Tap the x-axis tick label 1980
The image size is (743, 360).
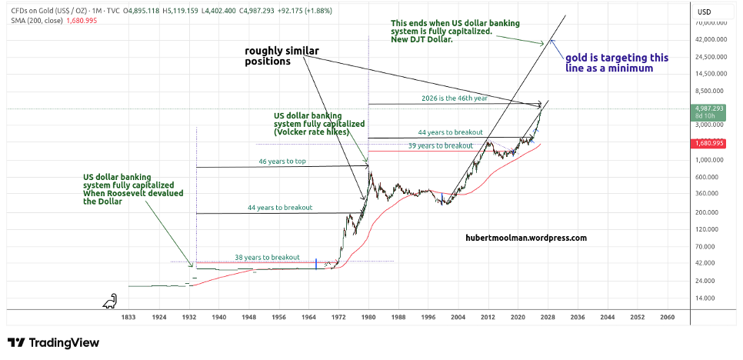click(368, 316)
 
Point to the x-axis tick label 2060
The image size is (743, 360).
click(667, 316)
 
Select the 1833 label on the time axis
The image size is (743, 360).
click(128, 316)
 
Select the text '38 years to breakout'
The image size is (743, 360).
click(268, 257)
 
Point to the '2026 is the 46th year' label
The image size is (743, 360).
click(454, 98)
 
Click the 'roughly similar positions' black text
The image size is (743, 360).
click(282, 56)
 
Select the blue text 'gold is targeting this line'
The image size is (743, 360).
click(617, 62)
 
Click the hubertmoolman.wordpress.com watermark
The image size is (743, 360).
click(526, 238)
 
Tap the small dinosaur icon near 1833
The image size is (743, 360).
click(111, 302)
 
